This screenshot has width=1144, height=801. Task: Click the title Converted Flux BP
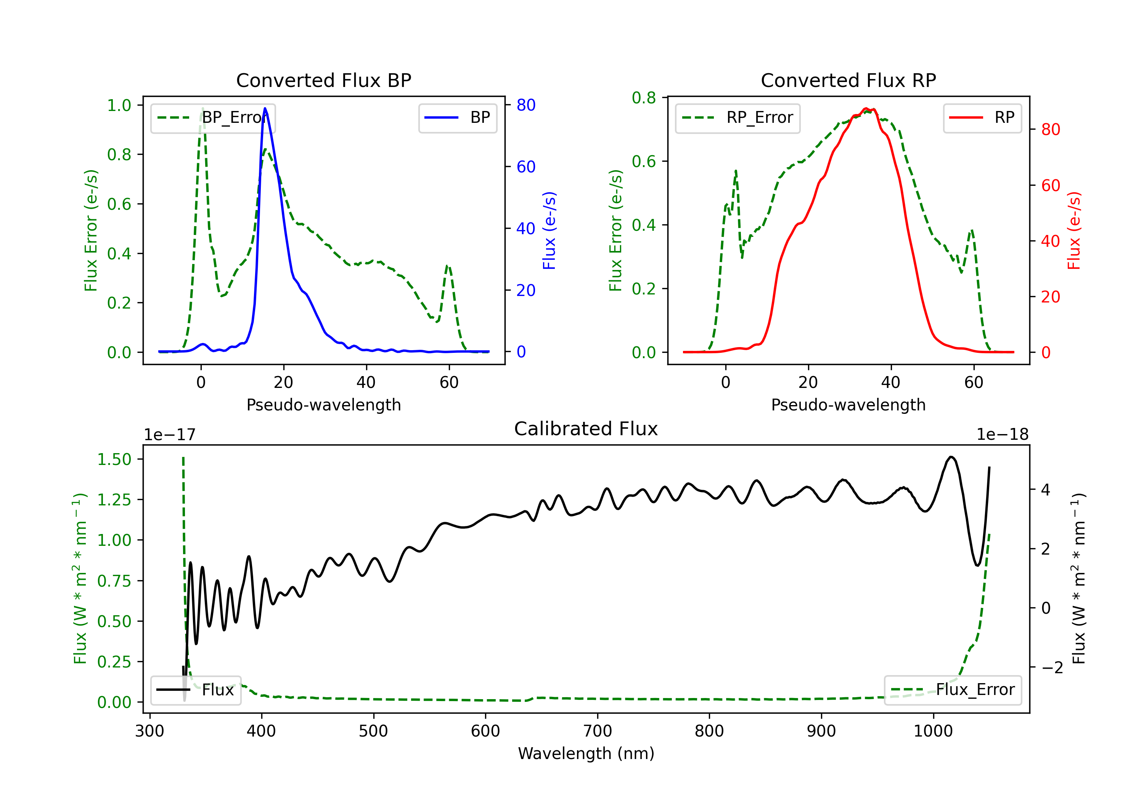(323, 80)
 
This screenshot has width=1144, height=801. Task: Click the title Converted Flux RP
(848, 80)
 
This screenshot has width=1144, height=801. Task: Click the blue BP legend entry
(458, 117)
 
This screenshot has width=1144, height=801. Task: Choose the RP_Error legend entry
(737, 117)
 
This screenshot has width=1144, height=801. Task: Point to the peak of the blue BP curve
(265, 109)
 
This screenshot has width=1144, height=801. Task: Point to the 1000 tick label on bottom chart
(933, 731)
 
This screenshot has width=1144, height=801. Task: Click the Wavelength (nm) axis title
(586, 753)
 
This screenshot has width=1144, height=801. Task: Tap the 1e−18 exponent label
(1002, 435)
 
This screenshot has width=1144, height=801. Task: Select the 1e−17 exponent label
(169, 435)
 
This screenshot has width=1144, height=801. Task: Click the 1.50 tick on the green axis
(114, 459)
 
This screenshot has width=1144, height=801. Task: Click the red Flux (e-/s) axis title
(1074, 231)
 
